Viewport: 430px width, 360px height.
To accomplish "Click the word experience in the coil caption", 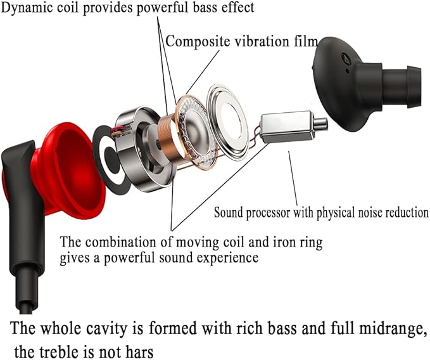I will [x=225, y=257].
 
